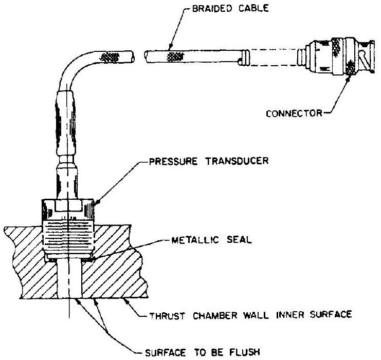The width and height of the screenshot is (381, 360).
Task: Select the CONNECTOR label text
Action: (x=292, y=112)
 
